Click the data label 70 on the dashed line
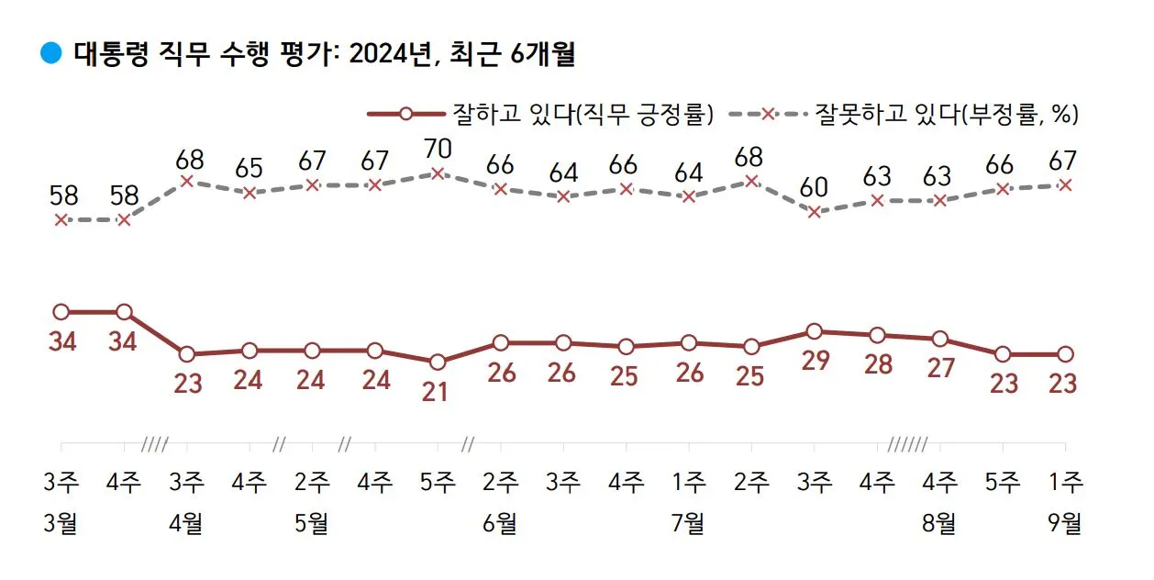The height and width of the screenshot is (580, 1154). (x=438, y=147)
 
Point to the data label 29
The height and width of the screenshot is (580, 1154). (x=815, y=360)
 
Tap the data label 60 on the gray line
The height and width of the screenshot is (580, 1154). (x=815, y=187)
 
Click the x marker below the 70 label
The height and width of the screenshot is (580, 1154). (x=438, y=173)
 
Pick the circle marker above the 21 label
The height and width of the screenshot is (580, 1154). (x=438, y=362)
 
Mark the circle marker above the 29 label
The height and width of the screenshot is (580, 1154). (x=814, y=331)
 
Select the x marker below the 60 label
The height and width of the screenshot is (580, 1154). (x=814, y=212)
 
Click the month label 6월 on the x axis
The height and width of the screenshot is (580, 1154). (x=500, y=524)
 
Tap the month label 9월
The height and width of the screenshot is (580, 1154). (x=1064, y=524)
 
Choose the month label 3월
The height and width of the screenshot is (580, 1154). (x=61, y=524)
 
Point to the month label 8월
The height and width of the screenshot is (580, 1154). (x=938, y=524)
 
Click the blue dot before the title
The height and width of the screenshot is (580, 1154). (x=51, y=54)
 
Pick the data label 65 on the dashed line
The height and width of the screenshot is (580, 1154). (x=250, y=169)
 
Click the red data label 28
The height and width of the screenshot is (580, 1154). (x=877, y=364)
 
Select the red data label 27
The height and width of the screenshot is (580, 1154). (x=939, y=368)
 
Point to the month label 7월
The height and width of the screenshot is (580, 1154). (x=688, y=524)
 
